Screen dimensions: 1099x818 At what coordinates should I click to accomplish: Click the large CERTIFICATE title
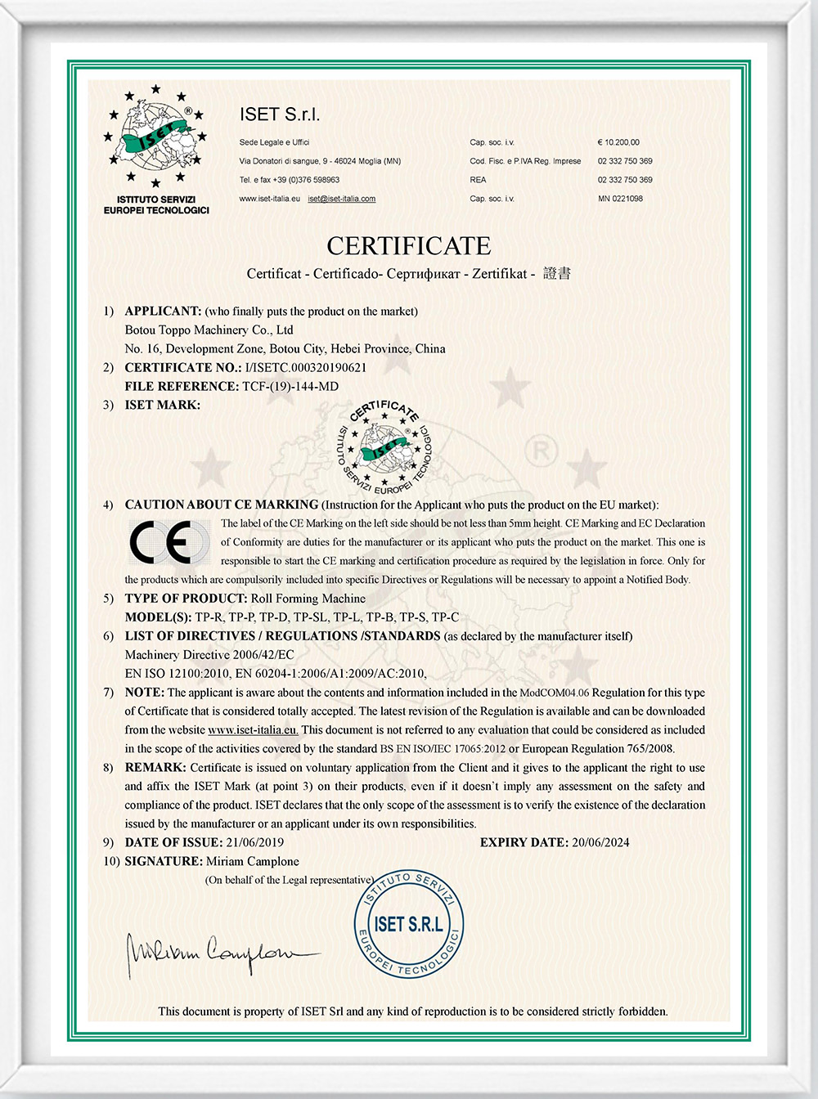click(x=409, y=246)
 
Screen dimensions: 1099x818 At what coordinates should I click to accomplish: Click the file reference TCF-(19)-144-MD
click(x=290, y=387)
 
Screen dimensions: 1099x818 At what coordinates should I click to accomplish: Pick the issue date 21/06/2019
click(x=255, y=842)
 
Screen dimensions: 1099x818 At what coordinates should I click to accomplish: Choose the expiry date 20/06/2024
click(x=600, y=842)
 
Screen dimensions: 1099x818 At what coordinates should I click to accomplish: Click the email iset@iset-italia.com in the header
click(x=342, y=199)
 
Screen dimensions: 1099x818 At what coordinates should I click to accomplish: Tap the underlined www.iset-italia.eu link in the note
click(x=254, y=730)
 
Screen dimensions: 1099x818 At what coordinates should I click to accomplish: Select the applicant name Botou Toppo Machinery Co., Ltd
click(x=209, y=330)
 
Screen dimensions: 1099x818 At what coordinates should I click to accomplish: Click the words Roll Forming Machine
click(x=308, y=599)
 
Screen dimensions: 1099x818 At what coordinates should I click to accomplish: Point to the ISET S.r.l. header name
click(x=280, y=115)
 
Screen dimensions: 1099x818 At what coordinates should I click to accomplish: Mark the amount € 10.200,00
click(x=618, y=142)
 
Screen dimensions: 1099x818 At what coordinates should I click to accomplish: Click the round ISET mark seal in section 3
click(x=384, y=446)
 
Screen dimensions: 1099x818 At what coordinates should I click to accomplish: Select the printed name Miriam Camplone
click(x=253, y=861)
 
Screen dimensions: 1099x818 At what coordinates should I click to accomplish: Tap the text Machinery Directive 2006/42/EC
click(x=209, y=655)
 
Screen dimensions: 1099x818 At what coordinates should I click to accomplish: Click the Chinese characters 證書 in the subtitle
click(x=557, y=273)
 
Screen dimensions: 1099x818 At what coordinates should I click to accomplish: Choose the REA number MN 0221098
click(x=620, y=199)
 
